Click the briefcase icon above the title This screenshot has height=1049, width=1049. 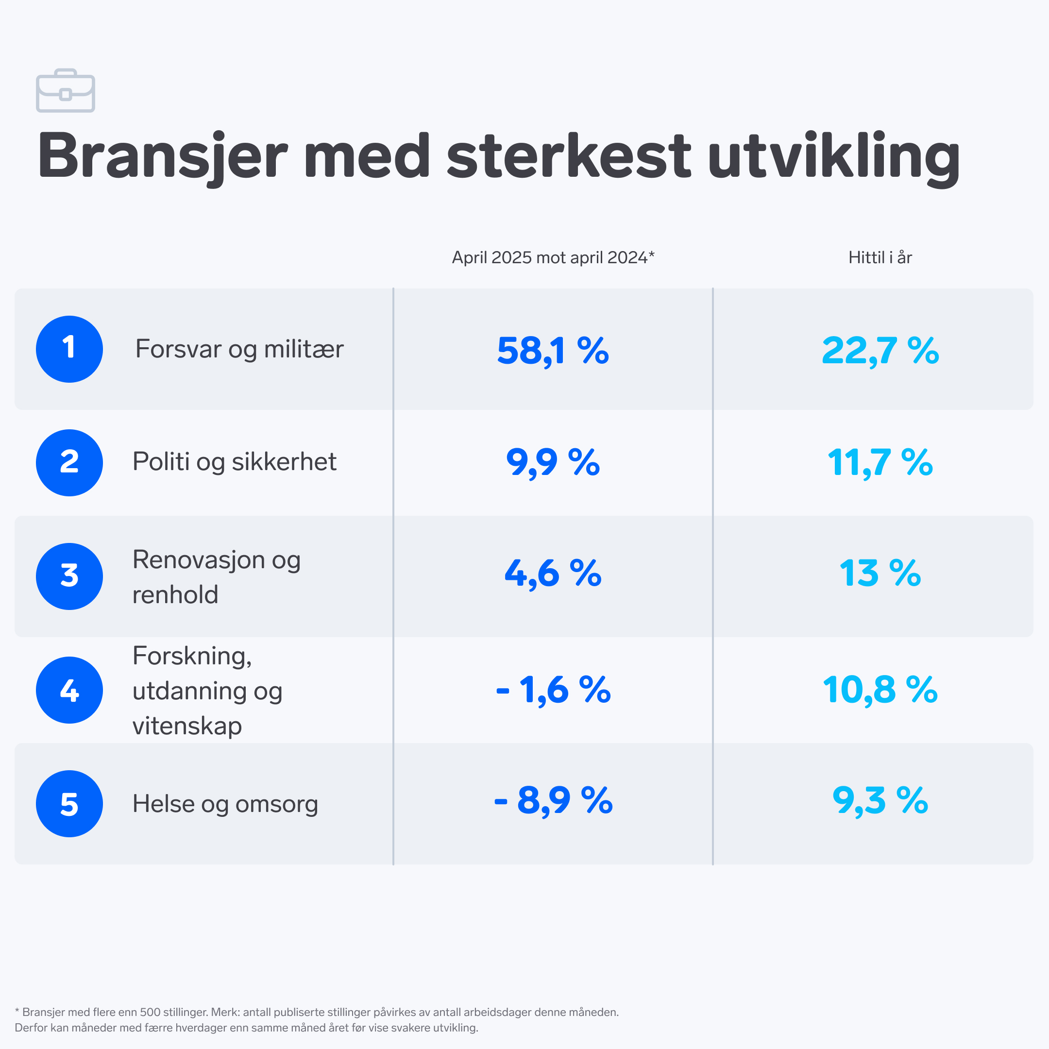click(x=66, y=91)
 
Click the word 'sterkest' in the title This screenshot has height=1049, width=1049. click(x=569, y=156)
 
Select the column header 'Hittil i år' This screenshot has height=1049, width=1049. click(x=880, y=257)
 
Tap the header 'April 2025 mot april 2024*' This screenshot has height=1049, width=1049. click(x=553, y=257)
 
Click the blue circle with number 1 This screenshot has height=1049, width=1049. click(x=69, y=349)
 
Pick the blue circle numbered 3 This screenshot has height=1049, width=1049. click(x=69, y=576)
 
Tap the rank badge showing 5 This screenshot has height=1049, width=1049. click(x=69, y=804)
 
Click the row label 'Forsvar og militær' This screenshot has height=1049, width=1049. click(x=239, y=349)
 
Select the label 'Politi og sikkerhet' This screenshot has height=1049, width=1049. click(x=234, y=462)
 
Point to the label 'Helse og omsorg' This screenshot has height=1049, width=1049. click(x=225, y=804)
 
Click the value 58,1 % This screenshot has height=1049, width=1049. click(x=553, y=351)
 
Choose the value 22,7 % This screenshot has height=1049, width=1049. click(x=880, y=351)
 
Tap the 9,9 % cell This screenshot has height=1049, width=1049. click(x=553, y=463)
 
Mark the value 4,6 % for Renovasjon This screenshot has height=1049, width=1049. click(x=553, y=574)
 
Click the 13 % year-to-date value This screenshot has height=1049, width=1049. click(x=880, y=574)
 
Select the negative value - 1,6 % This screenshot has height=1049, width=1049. click(x=553, y=690)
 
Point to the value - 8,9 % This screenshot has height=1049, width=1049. click(x=553, y=800)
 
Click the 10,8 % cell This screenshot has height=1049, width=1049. click(x=880, y=690)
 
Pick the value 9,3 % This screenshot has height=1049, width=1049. click(x=880, y=800)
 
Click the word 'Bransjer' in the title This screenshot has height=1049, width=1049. click(x=162, y=156)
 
